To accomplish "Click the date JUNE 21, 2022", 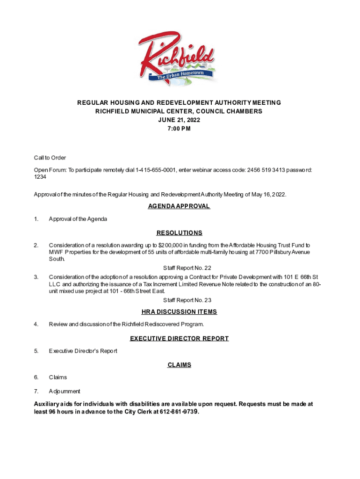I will [x=180, y=120].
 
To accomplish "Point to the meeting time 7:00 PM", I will [x=180, y=129].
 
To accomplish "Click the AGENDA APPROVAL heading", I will [x=180, y=206].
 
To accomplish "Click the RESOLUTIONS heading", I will [x=180, y=233].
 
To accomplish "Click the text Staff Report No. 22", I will [x=187, y=268].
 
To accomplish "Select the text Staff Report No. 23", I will [x=187, y=300].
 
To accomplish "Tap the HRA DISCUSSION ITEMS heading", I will [x=180, y=312].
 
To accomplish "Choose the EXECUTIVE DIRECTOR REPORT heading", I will [x=180, y=339].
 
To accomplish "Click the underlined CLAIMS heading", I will [x=180, y=365].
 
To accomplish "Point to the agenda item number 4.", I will [x=36, y=324].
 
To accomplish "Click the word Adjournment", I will [x=65, y=391].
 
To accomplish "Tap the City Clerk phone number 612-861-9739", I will [x=179, y=412].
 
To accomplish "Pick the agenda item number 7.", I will [x=36, y=391].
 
